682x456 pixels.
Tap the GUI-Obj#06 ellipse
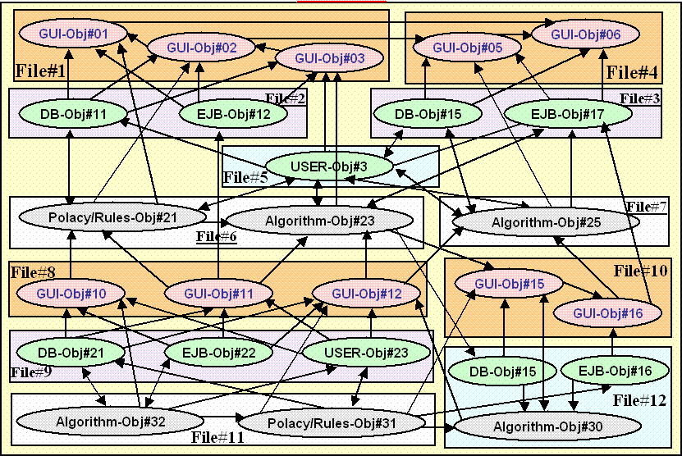pyautogui.click(x=585, y=34)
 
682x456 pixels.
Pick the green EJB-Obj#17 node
pyautogui.click(x=559, y=113)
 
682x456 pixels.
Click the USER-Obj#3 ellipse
pyautogui.click(x=328, y=166)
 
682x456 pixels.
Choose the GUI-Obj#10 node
pyautogui.click(x=70, y=292)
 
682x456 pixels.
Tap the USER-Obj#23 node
pyautogui.click(x=367, y=353)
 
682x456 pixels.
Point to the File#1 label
pyautogui.click(x=39, y=71)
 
